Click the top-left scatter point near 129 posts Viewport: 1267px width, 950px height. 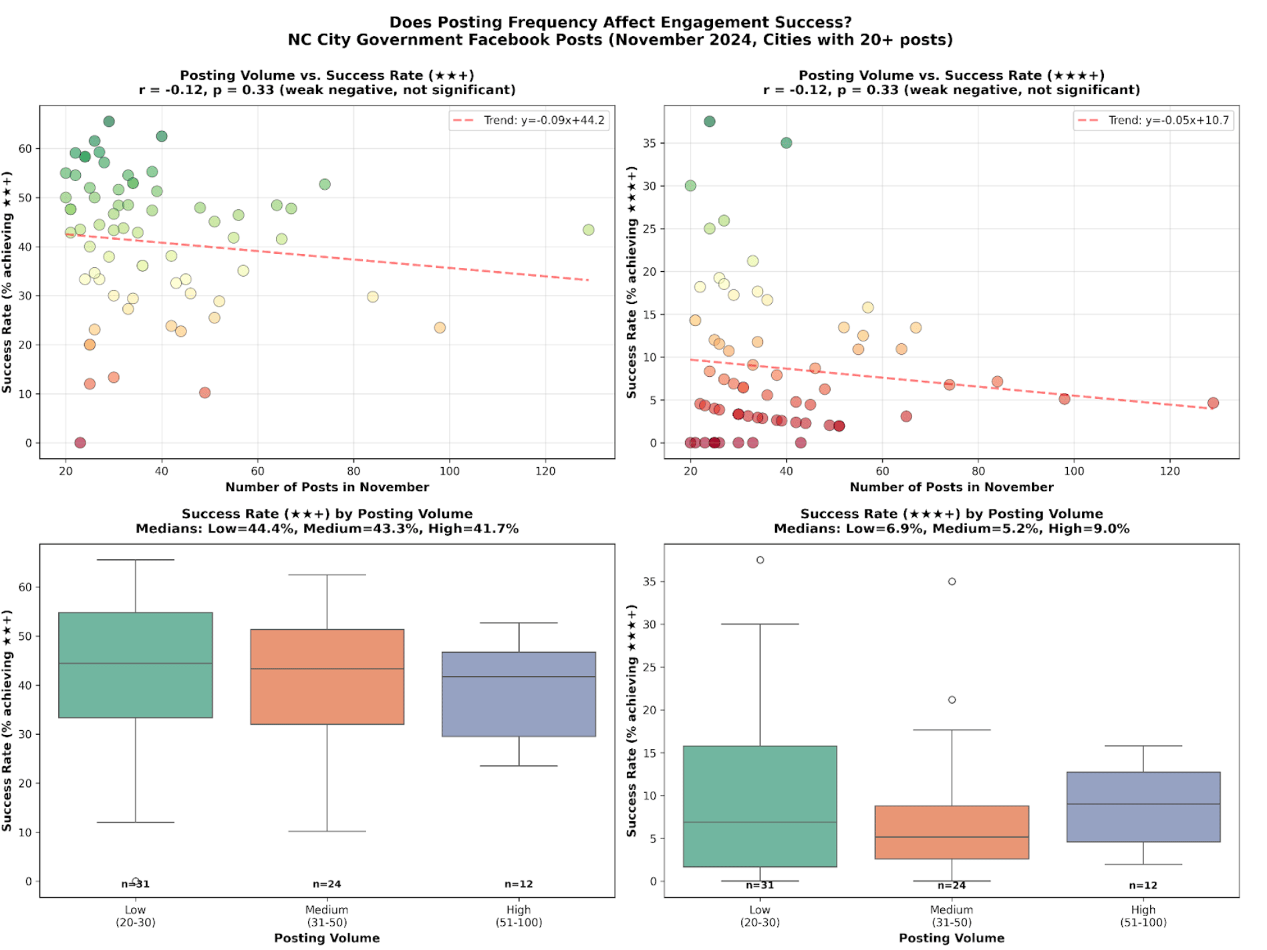point(588,230)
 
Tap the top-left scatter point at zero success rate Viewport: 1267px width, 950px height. point(80,442)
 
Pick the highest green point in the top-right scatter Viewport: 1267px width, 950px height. point(710,122)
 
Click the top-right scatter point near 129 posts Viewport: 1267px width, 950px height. point(1213,403)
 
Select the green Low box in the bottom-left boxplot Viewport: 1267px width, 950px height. point(136,665)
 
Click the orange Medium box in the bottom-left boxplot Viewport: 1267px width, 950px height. point(327,676)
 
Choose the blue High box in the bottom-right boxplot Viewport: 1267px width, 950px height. point(1143,806)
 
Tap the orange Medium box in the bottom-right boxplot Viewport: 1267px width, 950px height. point(952,832)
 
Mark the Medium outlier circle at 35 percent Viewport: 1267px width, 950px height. point(952,581)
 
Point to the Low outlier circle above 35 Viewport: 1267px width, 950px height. point(760,560)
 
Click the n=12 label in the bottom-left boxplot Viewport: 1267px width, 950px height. point(519,884)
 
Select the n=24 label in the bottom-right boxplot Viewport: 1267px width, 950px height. point(952,885)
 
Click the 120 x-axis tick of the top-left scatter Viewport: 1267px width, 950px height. point(545,471)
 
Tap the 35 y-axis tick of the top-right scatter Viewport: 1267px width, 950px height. point(649,143)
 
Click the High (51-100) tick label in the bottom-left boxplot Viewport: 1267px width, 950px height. point(519,916)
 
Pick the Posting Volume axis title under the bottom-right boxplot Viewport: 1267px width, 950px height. point(952,938)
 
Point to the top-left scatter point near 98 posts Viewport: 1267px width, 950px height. point(440,327)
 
